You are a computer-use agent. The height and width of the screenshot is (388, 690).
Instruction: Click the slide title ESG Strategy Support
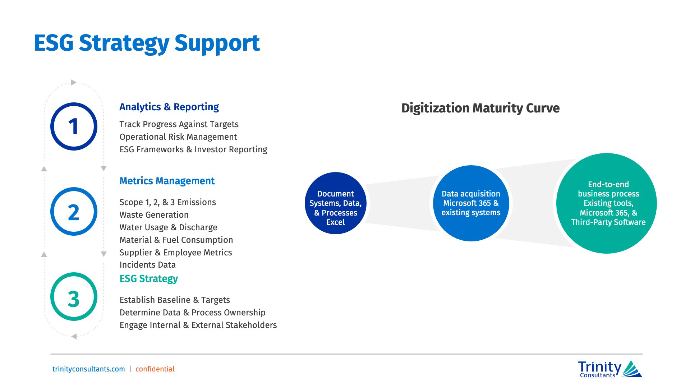(147, 43)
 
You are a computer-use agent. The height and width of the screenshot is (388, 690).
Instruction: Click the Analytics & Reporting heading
(169, 107)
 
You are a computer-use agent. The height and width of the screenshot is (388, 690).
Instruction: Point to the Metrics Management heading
(167, 181)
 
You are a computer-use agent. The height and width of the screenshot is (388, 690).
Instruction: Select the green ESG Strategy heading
(148, 279)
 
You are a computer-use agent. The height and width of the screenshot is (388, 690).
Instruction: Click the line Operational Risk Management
(178, 137)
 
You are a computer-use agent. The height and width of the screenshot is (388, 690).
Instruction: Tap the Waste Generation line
(154, 215)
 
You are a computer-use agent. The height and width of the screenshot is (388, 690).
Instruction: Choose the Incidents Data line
(147, 265)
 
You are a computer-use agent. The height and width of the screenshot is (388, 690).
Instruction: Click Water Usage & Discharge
(168, 227)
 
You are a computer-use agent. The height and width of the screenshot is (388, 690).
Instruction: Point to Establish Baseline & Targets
(175, 300)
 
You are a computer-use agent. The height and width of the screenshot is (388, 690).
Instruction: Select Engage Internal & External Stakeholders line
(198, 325)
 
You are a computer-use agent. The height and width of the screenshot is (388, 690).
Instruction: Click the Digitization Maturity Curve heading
(480, 108)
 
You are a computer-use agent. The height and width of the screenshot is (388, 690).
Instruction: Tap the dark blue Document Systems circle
(335, 203)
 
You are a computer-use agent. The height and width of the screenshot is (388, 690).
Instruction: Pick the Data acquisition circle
(471, 203)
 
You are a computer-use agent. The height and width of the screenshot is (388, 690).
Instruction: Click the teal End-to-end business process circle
(607, 203)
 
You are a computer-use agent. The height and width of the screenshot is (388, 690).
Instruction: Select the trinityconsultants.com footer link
(89, 369)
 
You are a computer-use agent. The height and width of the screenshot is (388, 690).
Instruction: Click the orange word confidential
(155, 369)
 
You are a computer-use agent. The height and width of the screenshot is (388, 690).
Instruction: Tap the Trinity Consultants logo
(610, 369)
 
